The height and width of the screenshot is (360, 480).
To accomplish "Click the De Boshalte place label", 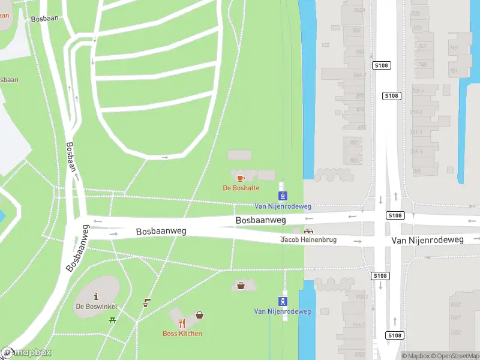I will [x=241, y=188].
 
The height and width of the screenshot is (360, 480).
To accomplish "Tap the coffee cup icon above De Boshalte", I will [x=241, y=178].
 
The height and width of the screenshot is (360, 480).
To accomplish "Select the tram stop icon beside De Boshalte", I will [x=283, y=196].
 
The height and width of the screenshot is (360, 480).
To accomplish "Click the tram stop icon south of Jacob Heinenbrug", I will [x=283, y=301].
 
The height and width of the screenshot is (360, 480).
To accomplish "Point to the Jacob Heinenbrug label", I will [x=309, y=240].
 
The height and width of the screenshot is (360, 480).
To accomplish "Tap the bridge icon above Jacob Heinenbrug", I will [x=309, y=231].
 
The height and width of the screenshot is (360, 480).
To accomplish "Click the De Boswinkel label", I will [x=96, y=307].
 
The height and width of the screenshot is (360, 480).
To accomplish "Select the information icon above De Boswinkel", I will [x=96, y=296].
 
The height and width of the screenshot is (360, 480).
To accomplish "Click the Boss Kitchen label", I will [x=182, y=334].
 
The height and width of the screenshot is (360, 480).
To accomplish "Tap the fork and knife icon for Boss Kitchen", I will [x=182, y=323].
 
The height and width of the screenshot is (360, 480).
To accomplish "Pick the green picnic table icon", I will [x=112, y=320].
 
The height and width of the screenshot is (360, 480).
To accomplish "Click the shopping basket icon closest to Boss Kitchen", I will [x=199, y=315].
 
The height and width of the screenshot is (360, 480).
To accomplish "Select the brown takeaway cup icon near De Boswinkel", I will [x=146, y=304].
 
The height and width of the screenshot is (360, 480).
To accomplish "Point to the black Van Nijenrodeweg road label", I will [x=428, y=240].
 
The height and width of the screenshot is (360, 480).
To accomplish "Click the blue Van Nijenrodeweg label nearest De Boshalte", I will [x=283, y=206].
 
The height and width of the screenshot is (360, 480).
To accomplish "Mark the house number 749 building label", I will [x=453, y=48].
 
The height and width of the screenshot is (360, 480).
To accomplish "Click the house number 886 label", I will [x=354, y=160].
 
